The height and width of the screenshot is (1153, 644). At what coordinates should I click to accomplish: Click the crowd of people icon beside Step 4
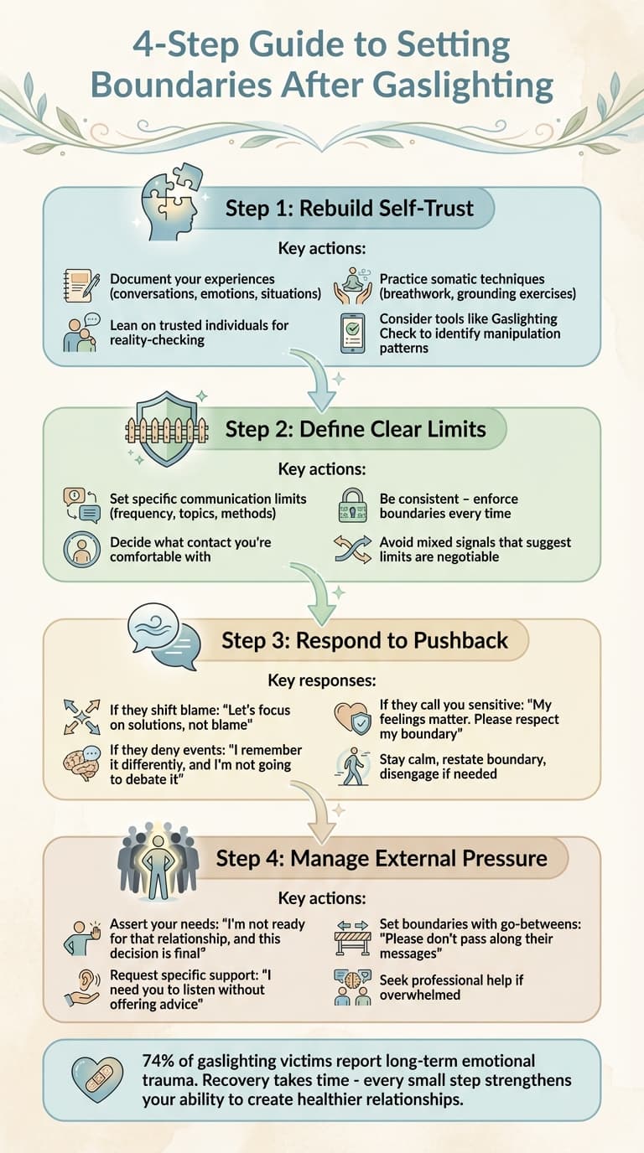[x=158, y=860]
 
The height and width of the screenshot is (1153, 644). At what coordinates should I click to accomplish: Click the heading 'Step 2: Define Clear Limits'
[x=356, y=430]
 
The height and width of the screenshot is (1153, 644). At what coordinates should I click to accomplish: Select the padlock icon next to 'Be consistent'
[x=351, y=507]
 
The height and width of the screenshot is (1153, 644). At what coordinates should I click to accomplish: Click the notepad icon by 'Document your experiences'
[x=80, y=286]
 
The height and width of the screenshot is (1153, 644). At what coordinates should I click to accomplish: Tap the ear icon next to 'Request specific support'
[x=82, y=988]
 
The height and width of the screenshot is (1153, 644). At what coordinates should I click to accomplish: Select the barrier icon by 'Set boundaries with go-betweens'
[x=352, y=938]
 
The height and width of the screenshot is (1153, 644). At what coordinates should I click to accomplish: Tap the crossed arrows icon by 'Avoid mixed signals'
[x=352, y=550]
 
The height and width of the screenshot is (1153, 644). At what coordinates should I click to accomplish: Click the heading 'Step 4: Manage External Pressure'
[x=382, y=858]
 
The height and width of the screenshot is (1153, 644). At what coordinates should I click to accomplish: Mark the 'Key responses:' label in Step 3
[x=321, y=680]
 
